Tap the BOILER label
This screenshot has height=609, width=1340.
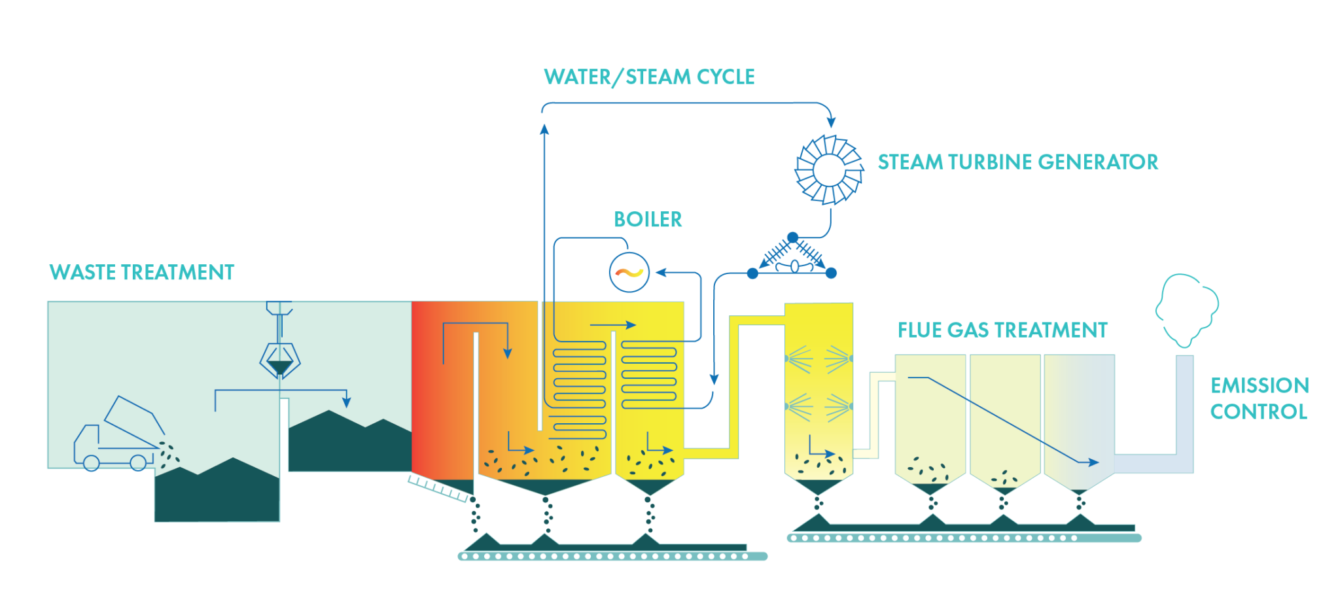[648, 219]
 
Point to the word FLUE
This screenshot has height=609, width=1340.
[919, 330]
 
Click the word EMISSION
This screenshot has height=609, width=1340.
[1260, 385]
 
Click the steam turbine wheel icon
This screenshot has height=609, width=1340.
[828, 170]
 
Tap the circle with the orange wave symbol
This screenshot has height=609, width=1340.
[629, 271]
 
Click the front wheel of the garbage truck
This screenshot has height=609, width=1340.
[92, 462]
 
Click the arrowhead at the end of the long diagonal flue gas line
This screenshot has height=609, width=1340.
[1093, 462]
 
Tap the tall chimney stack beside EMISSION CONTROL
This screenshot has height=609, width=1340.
[1185, 406]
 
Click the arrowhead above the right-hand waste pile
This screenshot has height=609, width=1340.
[347, 402]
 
